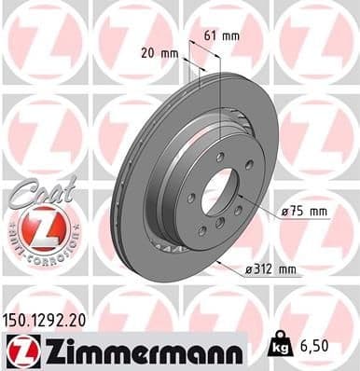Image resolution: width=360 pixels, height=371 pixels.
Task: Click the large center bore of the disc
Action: [221, 191]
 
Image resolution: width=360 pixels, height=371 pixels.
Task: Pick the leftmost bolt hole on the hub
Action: [191, 198]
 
